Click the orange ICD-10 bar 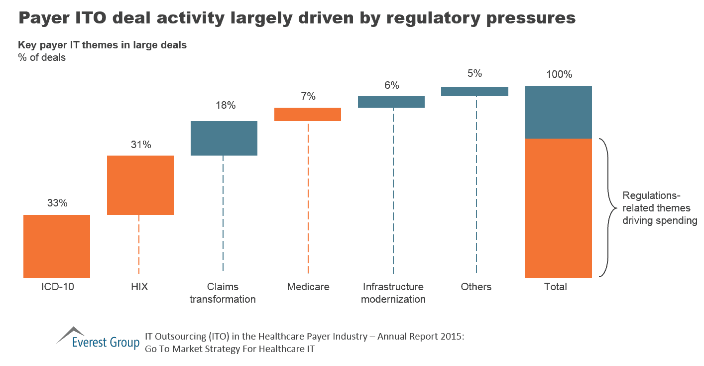[57, 246]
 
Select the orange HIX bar [140, 185]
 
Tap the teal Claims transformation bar [224, 138]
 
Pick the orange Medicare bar [308, 114]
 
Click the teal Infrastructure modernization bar [391, 102]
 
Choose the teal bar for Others [474, 91]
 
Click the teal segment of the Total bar [558, 112]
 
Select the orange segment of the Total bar [558, 208]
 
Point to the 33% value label [57, 203]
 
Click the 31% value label [140, 145]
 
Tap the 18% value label [225, 106]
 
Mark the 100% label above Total [559, 75]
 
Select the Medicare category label [308, 287]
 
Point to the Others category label [476, 287]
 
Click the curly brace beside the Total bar [605, 207]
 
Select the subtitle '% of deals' [42, 57]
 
